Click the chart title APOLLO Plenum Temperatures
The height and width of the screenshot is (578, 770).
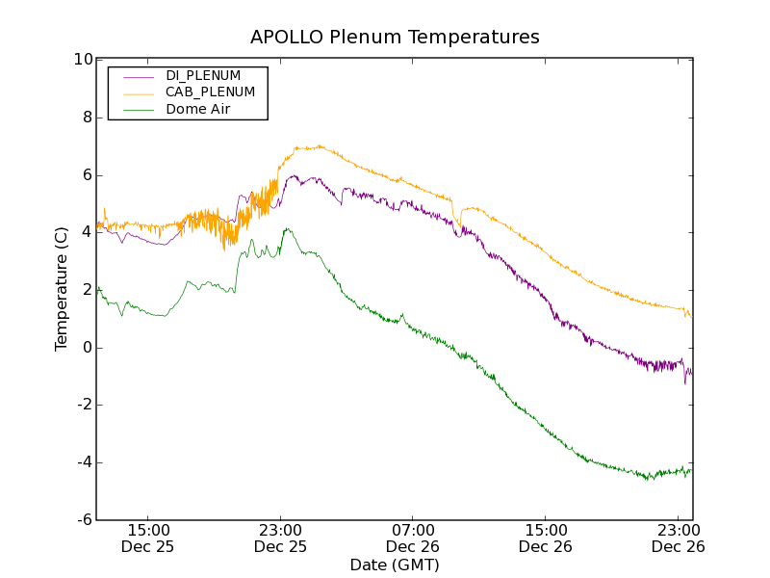[395, 38]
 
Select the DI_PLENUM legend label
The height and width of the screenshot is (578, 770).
[203, 75]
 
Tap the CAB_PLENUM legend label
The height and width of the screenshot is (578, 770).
[210, 92]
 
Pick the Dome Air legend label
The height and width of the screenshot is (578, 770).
[198, 110]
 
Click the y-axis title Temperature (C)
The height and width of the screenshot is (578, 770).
[62, 289]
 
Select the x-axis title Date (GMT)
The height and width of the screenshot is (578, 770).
[395, 565]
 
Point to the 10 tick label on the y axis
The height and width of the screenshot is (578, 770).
[84, 60]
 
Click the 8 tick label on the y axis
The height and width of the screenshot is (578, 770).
[88, 118]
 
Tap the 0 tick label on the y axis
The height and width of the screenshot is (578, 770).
[88, 348]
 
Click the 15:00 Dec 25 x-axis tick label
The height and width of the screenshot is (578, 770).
[148, 538]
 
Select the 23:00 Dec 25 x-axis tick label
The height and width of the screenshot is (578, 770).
[280, 538]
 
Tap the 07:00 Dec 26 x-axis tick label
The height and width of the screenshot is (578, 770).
[413, 538]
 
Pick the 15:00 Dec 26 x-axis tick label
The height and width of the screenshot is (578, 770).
[545, 538]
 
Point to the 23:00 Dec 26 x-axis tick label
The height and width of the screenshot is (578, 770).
[678, 538]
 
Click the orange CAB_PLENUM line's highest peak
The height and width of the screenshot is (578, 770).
[319, 145]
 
